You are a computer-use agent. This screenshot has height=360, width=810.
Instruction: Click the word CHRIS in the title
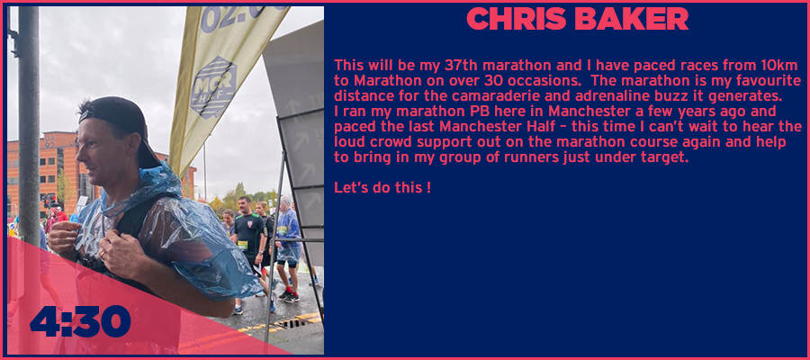[517, 19]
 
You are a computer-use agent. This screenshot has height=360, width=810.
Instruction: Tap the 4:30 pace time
[80, 320]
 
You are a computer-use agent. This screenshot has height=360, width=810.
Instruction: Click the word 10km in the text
[783, 66]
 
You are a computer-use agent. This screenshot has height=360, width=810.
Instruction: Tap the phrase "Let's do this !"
[382, 188]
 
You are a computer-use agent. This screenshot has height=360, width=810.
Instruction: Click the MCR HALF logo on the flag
[213, 88]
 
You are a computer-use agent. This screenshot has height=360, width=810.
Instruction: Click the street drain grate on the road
[292, 324]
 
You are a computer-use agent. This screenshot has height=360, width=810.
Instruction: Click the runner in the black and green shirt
[249, 243]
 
